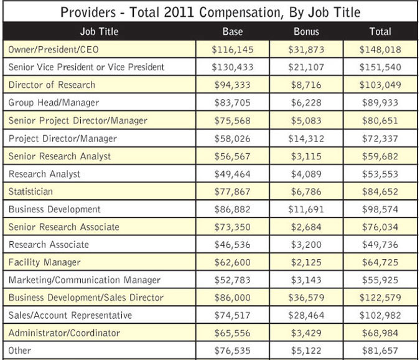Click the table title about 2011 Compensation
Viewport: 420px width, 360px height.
pyautogui.click(x=210, y=12)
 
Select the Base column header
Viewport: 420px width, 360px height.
pyautogui.click(x=232, y=31)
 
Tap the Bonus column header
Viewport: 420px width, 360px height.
pyautogui.click(x=306, y=31)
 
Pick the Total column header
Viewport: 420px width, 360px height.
pyautogui.click(x=380, y=31)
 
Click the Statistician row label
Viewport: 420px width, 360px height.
pyautogui.click(x=30, y=191)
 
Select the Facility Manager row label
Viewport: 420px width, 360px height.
pyautogui.click(x=44, y=262)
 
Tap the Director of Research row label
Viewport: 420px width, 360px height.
pyautogui.click(x=52, y=84)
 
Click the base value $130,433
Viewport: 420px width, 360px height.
pyautogui.click(x=233, y=67)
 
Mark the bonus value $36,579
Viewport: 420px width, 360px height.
pyautogui.click(x=306, y=298)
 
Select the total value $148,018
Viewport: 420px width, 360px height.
pyautogui.click(x=380, y=49)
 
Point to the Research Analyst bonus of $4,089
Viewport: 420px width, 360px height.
pyautogui.click(x=306, y=174)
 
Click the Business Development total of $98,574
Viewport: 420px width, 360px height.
pyautogui.click(x=380, y=209)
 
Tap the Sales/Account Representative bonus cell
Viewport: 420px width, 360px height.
pyautogui.click(x=306, y=315)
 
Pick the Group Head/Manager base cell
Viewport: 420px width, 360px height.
pyautogui.click(x=233, y=102)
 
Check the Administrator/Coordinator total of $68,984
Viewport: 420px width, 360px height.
pyautogui.click(x=380, y=333)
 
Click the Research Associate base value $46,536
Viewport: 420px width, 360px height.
pyautogui.click(x=233, y=245)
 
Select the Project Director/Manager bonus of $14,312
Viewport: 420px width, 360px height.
pyautogui.click(x=306, y=138)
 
